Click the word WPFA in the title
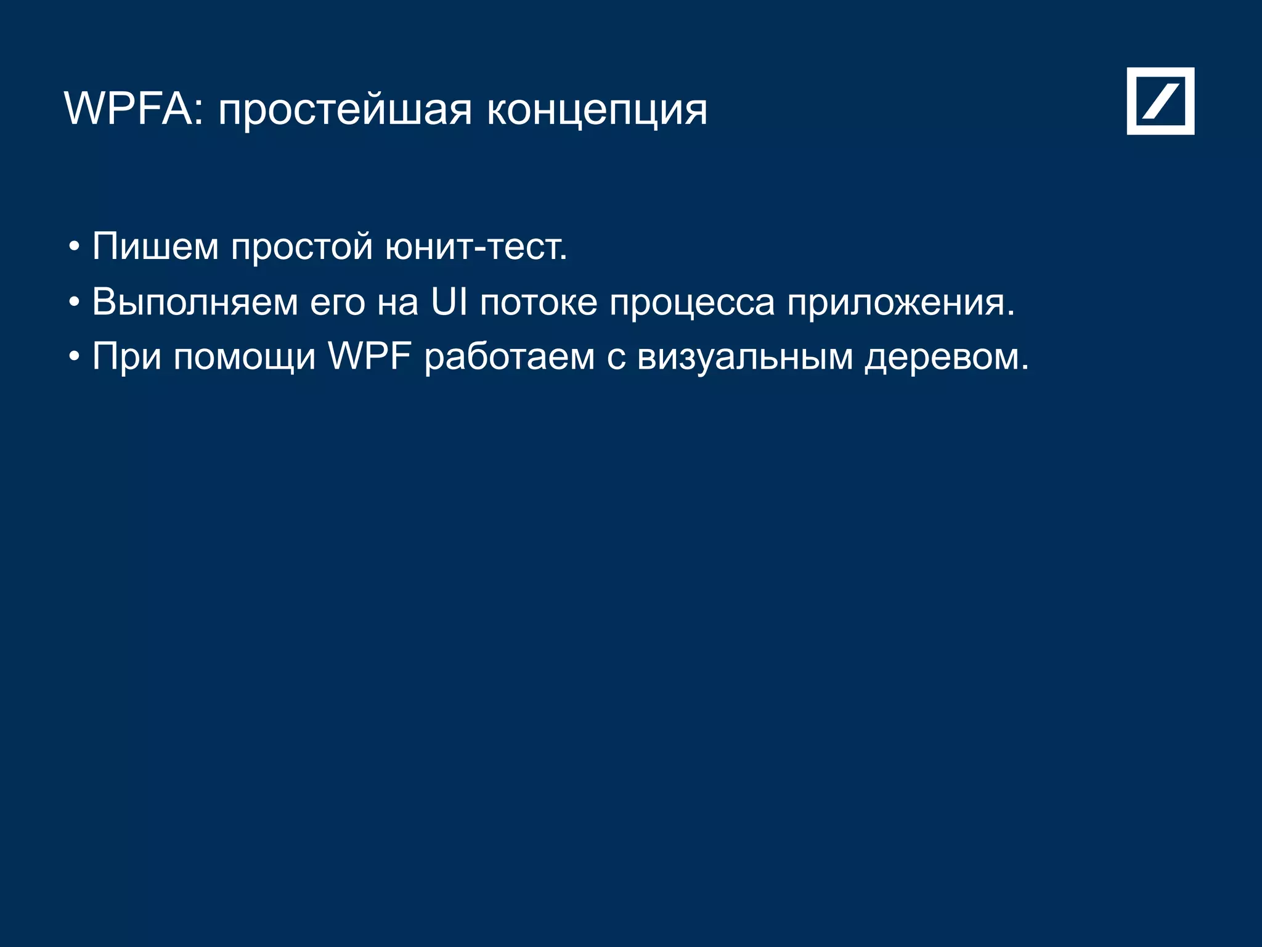pos(128,109)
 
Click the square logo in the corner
pos(1160,101)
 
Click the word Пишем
pos(155,246)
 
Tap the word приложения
pos(900,303)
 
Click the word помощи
pos(245,358)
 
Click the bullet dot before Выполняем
pos(75,303)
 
